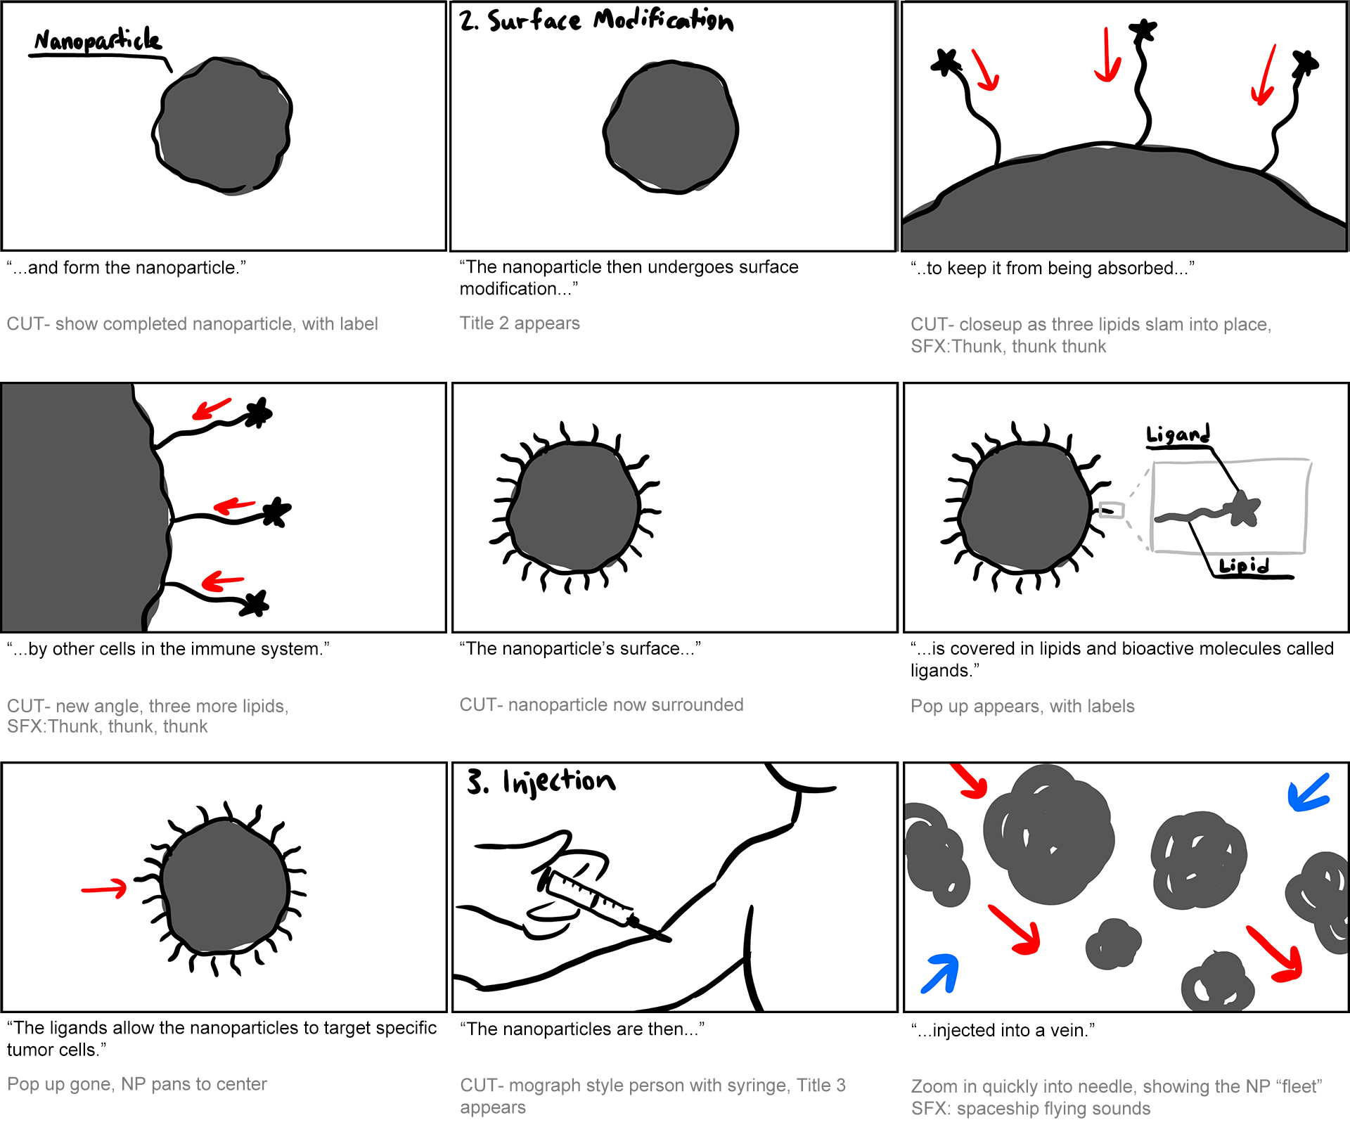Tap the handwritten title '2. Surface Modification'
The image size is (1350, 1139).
click(x=596, y=20)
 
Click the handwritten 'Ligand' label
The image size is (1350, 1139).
click(x=1178, y=435)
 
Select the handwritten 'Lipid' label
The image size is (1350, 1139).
click(x=1244, y=566)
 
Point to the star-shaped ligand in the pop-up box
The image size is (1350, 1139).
click(x=1243, y=508)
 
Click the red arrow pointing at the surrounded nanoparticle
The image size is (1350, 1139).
click(x=104, y=889)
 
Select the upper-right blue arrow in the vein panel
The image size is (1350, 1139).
click(x=1308, y=792)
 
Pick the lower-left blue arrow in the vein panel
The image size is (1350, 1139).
click(x=941, y=973)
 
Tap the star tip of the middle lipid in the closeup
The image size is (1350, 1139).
click(x=1143, y=30)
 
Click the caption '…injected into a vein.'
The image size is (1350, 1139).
click(x=1003, y=1030)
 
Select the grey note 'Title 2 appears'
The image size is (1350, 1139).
click(x=520, y=323)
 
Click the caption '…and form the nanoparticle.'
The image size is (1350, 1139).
click(x=127, y=268)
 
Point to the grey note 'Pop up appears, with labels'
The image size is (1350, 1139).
click(x=1022, y=706)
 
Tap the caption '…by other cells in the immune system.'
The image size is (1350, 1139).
click(x=168, y=649)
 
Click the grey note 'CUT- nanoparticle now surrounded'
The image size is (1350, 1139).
click(x=601, y=704)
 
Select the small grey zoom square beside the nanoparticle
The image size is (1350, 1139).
click(x=1112, y=510)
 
